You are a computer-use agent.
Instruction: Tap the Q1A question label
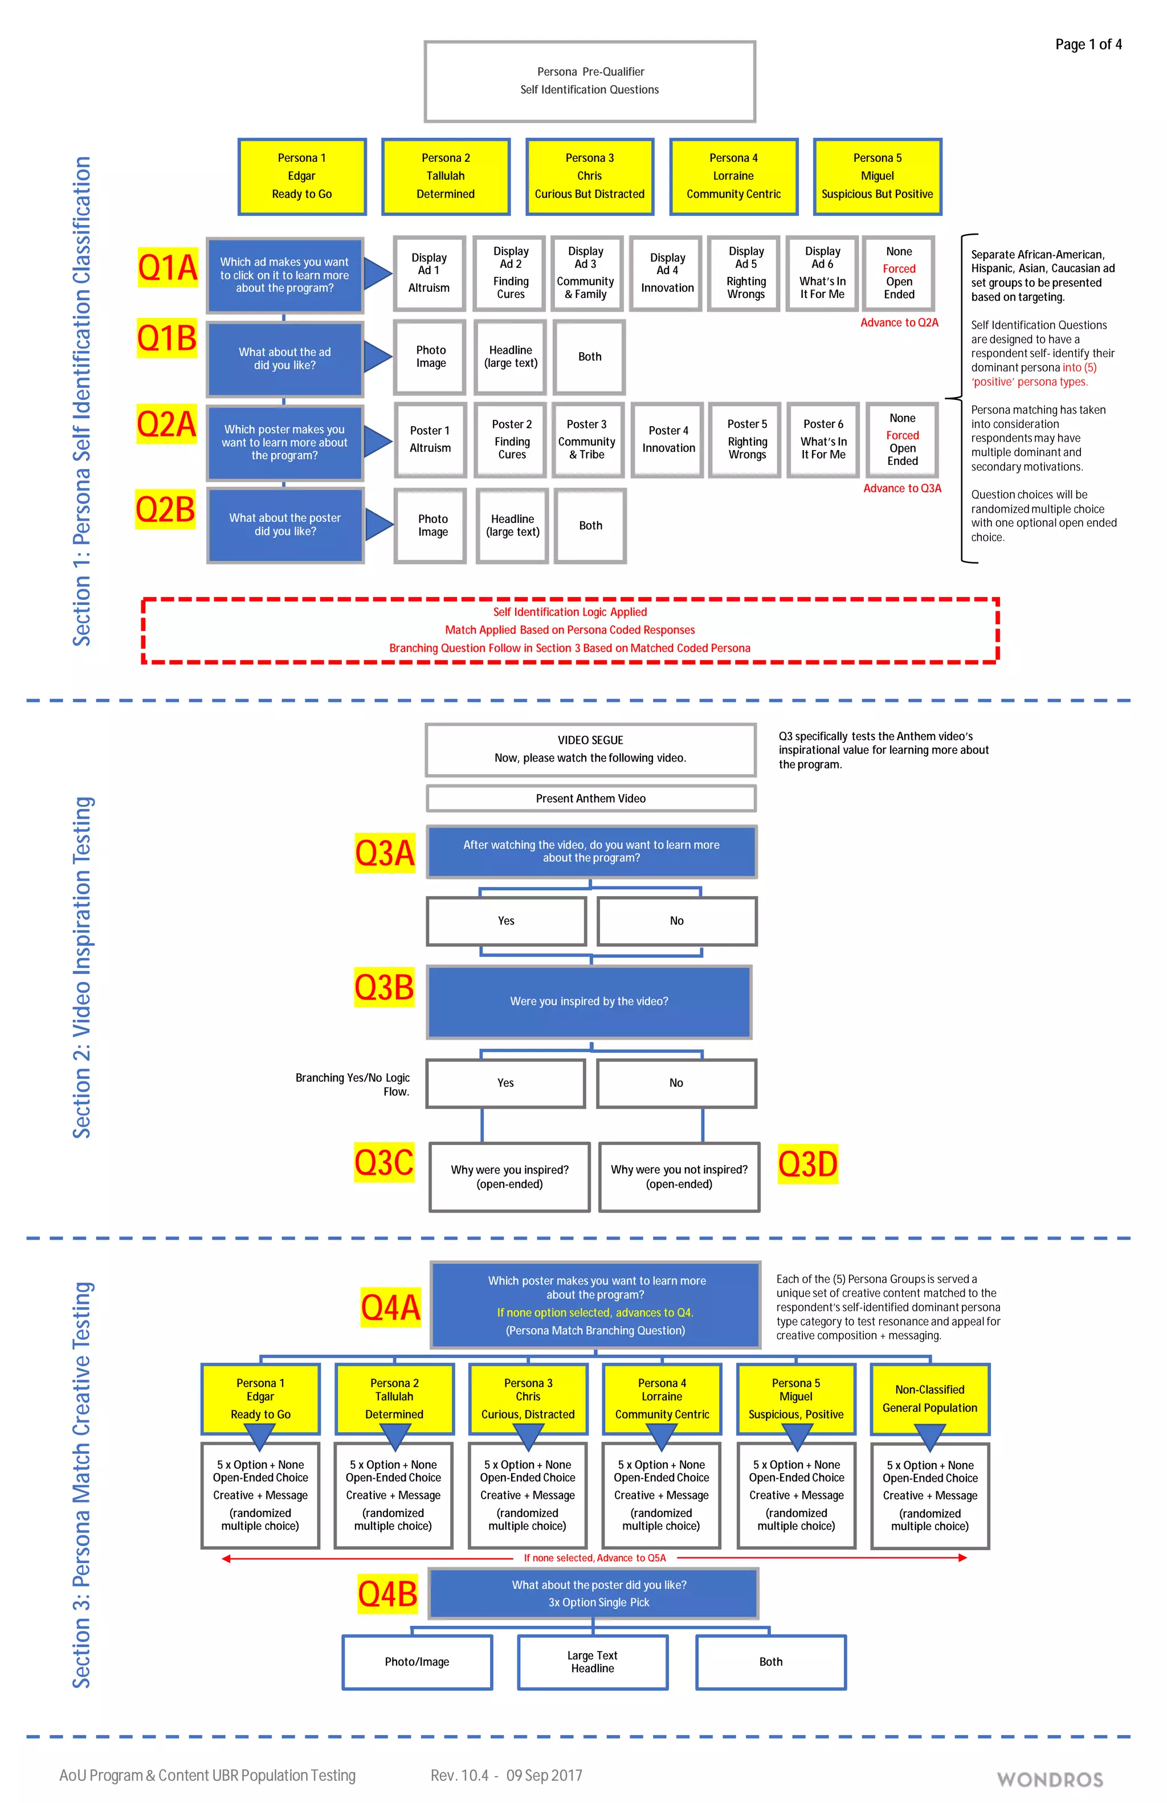coord(167,267)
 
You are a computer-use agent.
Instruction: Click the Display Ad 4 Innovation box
coord(667,273)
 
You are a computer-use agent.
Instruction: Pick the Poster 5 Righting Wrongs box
coord(746,439)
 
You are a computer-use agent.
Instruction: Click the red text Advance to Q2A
coord(899,323)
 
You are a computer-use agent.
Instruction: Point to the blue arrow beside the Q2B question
coord(379,524)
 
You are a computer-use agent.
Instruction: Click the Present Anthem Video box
coord(590,799)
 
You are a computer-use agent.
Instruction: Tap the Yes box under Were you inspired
coord(505,1084)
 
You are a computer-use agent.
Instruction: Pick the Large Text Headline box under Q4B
coord(592,1662)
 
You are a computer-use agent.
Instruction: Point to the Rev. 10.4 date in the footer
coord(505,1776)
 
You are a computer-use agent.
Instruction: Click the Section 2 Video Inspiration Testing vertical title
coord(82,967)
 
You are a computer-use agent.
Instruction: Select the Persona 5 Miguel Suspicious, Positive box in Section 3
coord(795,1399)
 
